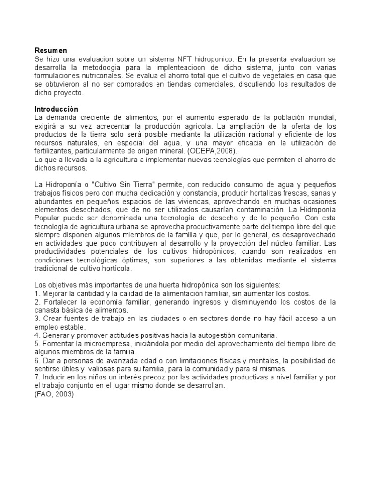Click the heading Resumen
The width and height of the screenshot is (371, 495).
tap(50, 50)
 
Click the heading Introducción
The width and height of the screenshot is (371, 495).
tap(56, 109)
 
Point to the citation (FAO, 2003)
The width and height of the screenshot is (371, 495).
tap(54, 394)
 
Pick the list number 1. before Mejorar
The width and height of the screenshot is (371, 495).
tap(37, 293)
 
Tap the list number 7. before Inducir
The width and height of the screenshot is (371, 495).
tap(37, 377)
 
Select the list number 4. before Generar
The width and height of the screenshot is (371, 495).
tap(37, 335)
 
